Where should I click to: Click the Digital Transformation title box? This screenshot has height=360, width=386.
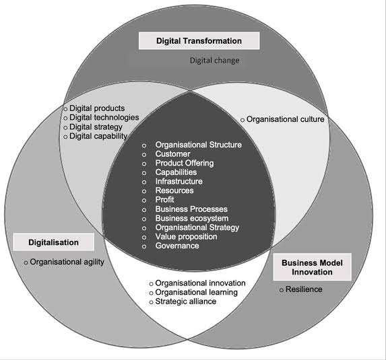199,41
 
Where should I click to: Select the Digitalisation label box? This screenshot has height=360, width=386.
54,242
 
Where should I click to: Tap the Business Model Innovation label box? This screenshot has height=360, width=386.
312,267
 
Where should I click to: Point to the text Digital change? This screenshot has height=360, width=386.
215,61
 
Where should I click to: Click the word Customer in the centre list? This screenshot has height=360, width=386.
173,154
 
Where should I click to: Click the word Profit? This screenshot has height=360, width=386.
164,200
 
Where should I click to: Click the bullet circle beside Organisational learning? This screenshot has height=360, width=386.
151,293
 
